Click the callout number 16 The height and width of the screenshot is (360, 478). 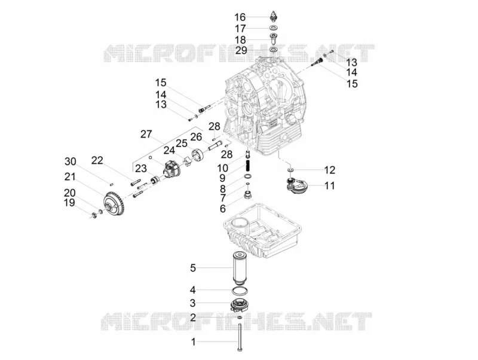point(240,17)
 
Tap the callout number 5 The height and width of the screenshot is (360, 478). point(192,268)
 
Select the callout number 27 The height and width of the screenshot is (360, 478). point(146,134)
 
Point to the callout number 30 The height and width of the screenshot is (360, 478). point(71,161)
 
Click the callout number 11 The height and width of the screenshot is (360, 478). point(330,185)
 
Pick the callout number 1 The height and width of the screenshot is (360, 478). point(193,341)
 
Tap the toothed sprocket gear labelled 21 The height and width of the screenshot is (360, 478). point(114,204)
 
